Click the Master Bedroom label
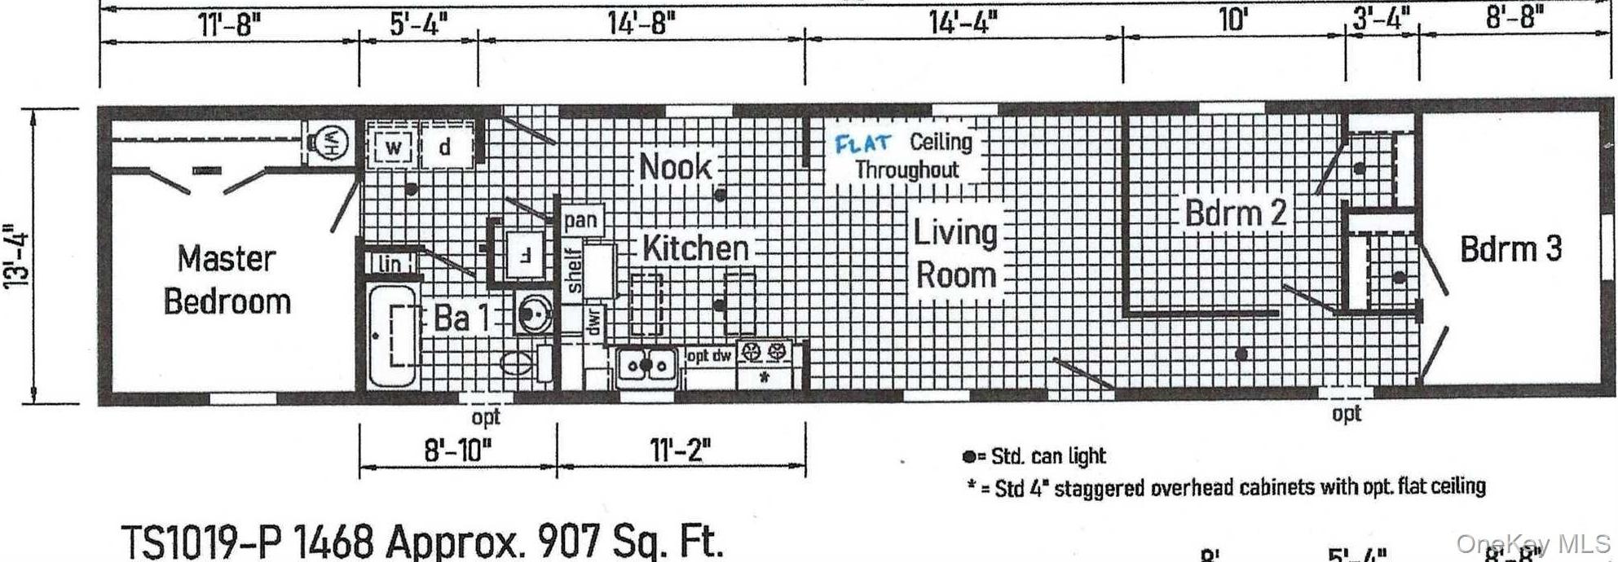[x=227, y=279]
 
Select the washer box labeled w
[x=394, y=148]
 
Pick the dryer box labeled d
[x=445, y=148]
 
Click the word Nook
[x=675, y=167]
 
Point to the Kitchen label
[x=694, y=248]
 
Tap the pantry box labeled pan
[x=580, y=220]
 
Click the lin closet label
[x=390, y=263]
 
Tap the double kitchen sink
[x=646, y=365]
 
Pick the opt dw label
[x=709, y=356]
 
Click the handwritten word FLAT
[x=862, y=143]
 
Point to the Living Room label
[x=955, y=253]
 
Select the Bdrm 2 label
[x=1235, y=213]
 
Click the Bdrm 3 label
[x=1510, y=249]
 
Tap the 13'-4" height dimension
[x=18, y=255]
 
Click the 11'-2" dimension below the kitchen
[x=681, y=450]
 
